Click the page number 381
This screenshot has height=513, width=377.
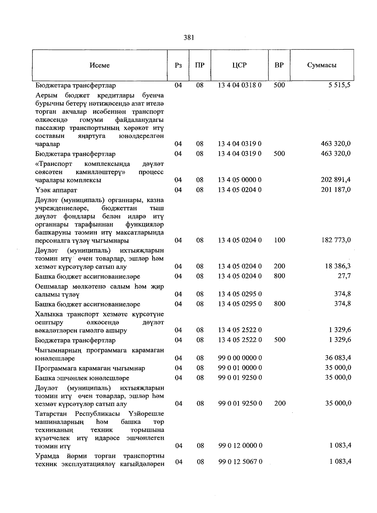click(189, 38)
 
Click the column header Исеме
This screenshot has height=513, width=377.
click(100, 65)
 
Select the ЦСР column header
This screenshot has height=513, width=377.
click(239, 65)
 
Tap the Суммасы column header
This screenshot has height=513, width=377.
click(321, 65)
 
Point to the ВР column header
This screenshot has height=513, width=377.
click(279, 65)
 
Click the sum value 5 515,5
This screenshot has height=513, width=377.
click(340, 85)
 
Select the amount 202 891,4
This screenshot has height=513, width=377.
click(336, 180)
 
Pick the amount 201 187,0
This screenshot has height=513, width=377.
click(336, 190)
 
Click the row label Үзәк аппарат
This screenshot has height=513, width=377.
click(56, 190)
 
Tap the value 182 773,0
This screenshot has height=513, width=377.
click(336, 240)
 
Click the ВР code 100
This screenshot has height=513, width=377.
click(279, 240)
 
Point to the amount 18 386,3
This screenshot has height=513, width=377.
click(338, 266)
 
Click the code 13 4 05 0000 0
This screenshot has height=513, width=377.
click(240, 180)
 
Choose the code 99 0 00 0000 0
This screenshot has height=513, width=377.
click(240, 358)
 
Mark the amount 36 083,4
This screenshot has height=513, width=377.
click(338, 358)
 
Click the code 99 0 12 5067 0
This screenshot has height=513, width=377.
click(240, 462)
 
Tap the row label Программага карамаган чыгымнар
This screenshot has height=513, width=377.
click(90, 368)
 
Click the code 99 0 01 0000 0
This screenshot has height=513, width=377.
click(240, 368)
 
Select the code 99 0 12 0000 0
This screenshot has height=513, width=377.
click(240, 446)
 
